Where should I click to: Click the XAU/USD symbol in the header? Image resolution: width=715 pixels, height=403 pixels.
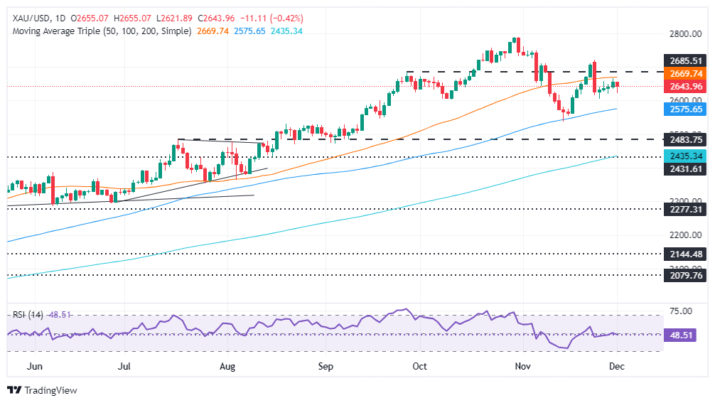pyautogui.click(x=28, y=18)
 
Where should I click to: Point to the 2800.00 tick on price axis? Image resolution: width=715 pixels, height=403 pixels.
pyautogui.click(x=685, y=34)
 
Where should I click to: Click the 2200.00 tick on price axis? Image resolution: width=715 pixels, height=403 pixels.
pyautogui.click(x=685, y=235)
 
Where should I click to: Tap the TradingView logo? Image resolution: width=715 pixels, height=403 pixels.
pyautogui.click(x=43, y=390)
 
